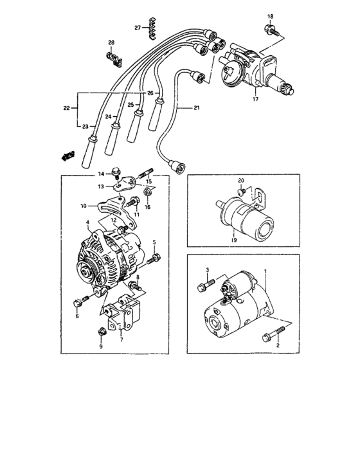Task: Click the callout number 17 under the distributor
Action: pos(255,99)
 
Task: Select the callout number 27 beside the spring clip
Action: pos(138,28)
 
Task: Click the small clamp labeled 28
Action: pos(113,58)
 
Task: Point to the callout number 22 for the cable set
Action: pos(67,108)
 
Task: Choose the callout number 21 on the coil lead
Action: pos(197,109)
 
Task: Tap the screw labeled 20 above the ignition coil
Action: pos(240,192)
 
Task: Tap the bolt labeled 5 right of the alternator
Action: pos(155,259)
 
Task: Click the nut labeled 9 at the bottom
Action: pos(101,332)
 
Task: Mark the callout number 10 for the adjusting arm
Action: pos(84,206)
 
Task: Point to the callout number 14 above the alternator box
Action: pos(100,174)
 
